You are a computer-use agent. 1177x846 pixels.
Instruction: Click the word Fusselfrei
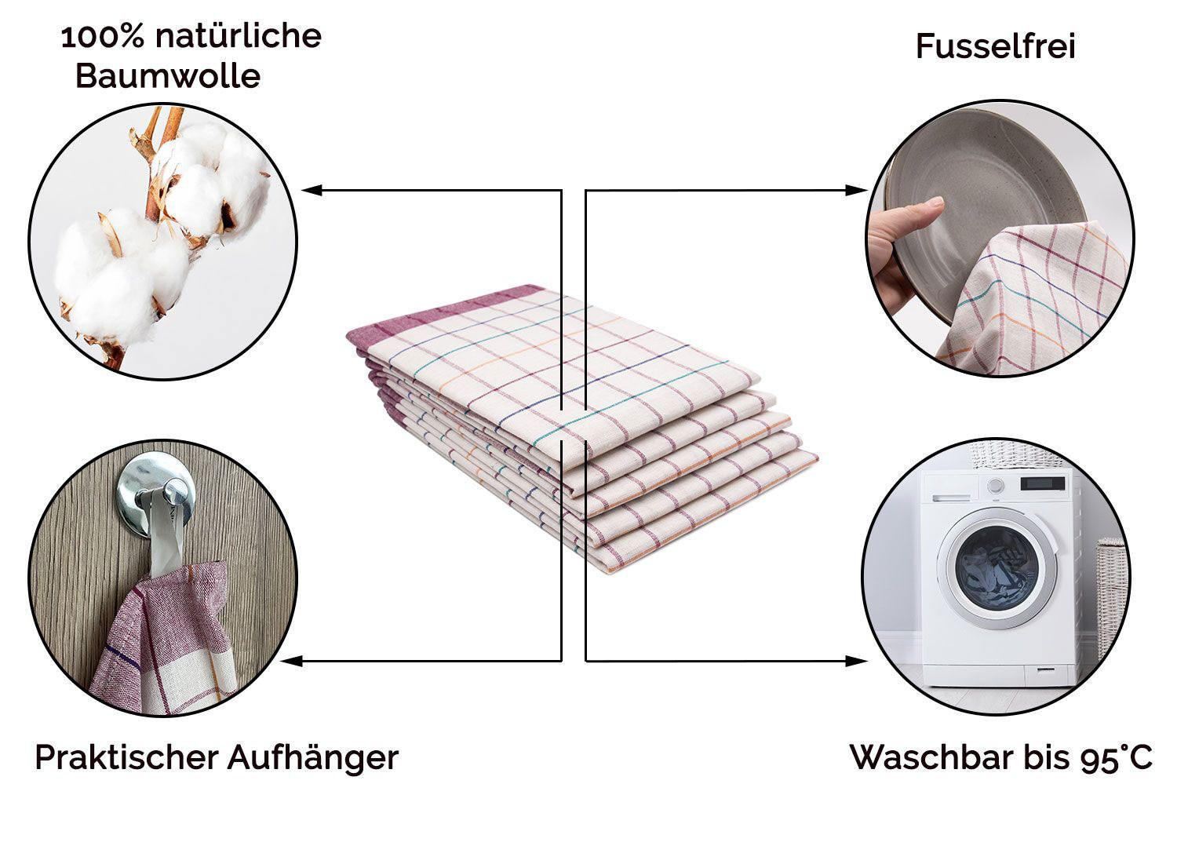click(995, 46)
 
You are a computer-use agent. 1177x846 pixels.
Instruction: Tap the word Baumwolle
click(168, 76)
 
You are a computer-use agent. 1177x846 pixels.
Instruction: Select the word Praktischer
click(126, 758)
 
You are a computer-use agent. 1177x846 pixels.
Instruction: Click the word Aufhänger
click(313, 758)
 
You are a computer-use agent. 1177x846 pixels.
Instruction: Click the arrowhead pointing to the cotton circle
click(312, 190)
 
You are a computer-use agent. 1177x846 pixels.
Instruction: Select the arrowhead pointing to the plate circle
click(857, 190)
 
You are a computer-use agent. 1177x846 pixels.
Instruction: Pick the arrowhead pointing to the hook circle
click(292, 661)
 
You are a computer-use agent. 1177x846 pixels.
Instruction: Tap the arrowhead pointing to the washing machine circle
click(857, 661)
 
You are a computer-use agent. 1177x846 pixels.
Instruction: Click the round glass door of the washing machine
click(997, 569)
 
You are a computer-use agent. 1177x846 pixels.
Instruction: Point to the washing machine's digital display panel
click(1043, 483)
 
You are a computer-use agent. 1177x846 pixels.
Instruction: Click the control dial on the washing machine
click(995, 486)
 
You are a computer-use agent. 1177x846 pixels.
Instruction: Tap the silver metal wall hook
click(155, 489)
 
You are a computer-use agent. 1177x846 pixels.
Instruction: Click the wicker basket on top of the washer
click(1015, 456)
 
